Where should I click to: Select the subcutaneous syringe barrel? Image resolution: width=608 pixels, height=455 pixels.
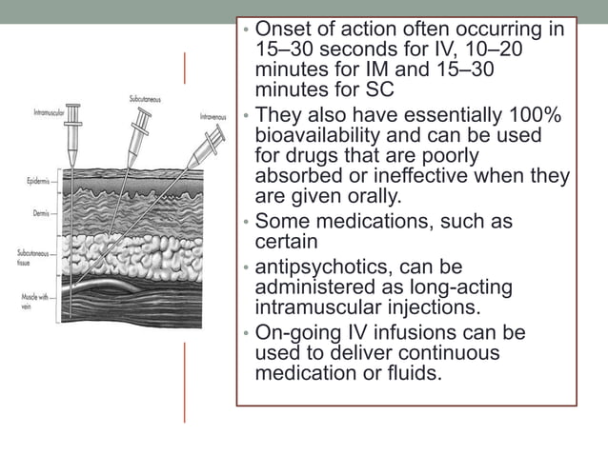click(x=142, y=123)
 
